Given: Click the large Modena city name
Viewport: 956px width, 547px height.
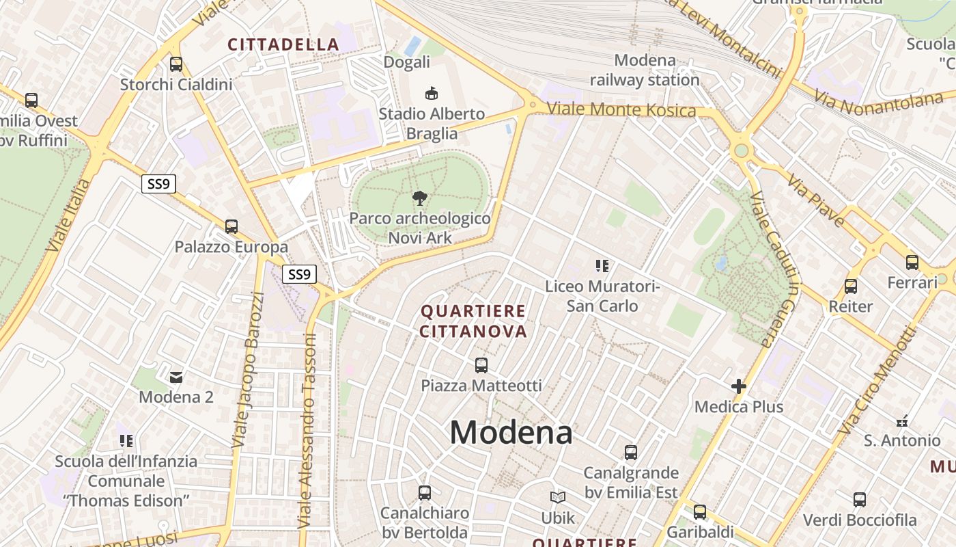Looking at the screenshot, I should (x=511, y=432).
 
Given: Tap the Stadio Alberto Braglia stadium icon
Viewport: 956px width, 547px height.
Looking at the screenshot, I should (x=431, y=92).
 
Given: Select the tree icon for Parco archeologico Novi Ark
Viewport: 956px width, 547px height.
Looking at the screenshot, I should (x=420, y=198).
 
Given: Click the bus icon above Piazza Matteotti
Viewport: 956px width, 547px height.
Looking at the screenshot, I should (x=481, y=365).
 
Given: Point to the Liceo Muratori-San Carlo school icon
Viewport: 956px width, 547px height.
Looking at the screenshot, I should (x=602, y=265).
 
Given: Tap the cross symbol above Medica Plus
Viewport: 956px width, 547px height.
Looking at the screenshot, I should (x=738, y=386).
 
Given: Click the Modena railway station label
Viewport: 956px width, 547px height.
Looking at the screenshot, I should (x=645, y=70).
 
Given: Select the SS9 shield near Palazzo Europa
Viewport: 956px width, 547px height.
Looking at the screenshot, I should (x=299, y=275).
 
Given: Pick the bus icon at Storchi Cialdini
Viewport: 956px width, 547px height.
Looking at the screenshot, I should (x=176, y=64).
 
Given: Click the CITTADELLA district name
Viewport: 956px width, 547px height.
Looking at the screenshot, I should (x=283, y=44).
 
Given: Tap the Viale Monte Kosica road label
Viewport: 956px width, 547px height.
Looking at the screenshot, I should (x=621, y=109).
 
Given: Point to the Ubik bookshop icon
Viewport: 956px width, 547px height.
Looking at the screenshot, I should (x=558, y=497).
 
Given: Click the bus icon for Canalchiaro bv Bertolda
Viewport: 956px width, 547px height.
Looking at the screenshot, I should (x=425, y=492).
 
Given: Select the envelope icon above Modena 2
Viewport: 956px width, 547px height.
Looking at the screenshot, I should (x=176, y=376).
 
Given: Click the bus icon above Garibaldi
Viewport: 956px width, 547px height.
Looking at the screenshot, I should (x=700, y=511).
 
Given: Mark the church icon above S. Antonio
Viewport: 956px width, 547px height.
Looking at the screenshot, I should (x=902, y=421).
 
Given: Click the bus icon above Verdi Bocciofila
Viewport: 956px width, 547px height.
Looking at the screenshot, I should (x=860, y=499).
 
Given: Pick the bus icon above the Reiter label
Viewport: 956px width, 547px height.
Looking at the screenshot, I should (x=851, y=286).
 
